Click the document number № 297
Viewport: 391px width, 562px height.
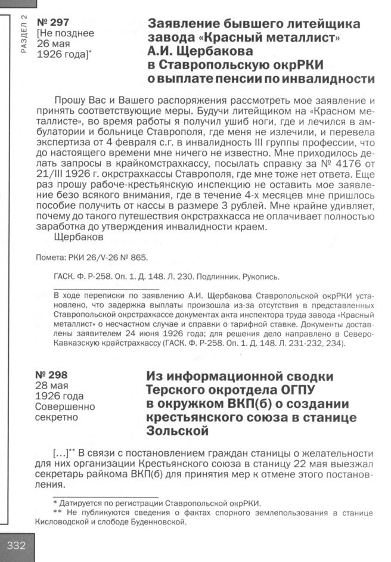point(52,22)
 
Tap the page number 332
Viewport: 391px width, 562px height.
point(16,547)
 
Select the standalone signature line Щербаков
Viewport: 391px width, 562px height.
point(75,237)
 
